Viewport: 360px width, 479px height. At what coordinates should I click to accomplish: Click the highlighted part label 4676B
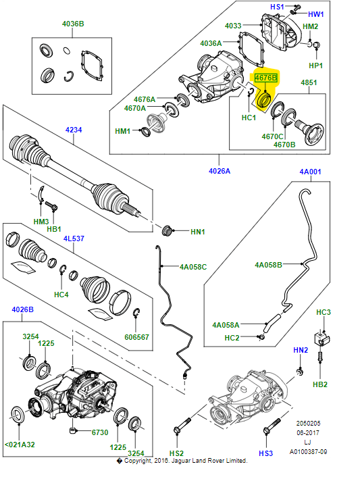(265, 78)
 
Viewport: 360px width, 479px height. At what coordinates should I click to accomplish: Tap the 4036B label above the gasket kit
(72, 24)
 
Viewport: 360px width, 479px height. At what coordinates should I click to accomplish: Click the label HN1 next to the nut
(197, 232)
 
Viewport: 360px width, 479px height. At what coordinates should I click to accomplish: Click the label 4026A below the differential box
(220, 171)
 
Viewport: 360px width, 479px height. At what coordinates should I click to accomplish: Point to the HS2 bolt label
(176, 453)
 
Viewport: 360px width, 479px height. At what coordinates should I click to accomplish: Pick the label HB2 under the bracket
(320, 384)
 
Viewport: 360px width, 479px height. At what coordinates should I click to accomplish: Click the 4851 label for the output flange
(309, 83)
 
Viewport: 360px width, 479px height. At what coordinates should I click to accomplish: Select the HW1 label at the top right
(316, 14)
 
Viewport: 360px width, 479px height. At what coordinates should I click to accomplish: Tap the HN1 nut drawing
(171, 229)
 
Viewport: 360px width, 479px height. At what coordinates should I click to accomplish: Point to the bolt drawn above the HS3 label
(272, 428)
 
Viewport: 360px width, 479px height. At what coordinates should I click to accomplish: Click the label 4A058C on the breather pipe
(192, 267)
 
